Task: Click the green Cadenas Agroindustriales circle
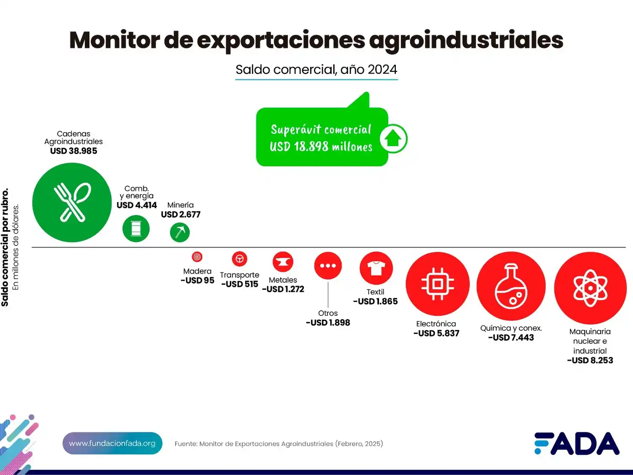pos(72,203)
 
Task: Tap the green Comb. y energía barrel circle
pos(136,228)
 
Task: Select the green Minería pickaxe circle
pos(180,232)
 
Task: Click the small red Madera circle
pos(197,257)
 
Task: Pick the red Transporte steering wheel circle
pos(239,259)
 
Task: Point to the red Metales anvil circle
pos(283,262)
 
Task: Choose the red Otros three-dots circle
pos(328,266)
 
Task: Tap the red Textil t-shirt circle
pos(376,268)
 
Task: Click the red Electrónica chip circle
pos(438,284)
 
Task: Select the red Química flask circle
pos(511,286)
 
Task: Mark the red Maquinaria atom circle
pos(590,288)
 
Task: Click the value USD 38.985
pos(73,151)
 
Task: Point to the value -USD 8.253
pos(590,361)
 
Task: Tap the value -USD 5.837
pos(436,334)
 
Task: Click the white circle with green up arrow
pos(393,138)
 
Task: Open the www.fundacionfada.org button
pos(112,443)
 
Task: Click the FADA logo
pos(576,443)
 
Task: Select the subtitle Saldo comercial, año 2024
pos(316,70)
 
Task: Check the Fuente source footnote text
pos(279,444)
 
